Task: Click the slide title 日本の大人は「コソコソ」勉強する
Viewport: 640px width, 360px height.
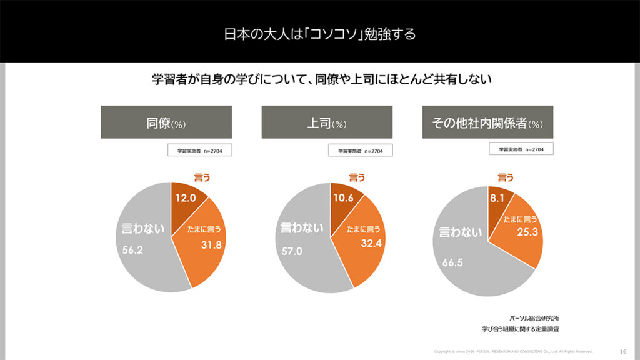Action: coord(319,33)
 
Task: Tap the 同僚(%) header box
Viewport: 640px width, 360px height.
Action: coord(166,122)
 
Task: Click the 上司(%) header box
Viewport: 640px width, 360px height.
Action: coord(327,122)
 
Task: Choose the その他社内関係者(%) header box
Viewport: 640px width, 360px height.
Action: coord(487,122)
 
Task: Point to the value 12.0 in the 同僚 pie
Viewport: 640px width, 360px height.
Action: coord(186,198)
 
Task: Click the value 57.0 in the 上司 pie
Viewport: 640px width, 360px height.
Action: coord(292,251)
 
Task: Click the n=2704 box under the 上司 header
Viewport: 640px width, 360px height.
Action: coord(361,151)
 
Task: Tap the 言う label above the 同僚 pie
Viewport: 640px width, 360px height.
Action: coord(201,177)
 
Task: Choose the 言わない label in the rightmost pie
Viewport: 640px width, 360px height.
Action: coord(461,232)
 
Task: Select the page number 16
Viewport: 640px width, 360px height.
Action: coord(622,351)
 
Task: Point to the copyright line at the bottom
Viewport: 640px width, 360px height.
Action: coord(513,351)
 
